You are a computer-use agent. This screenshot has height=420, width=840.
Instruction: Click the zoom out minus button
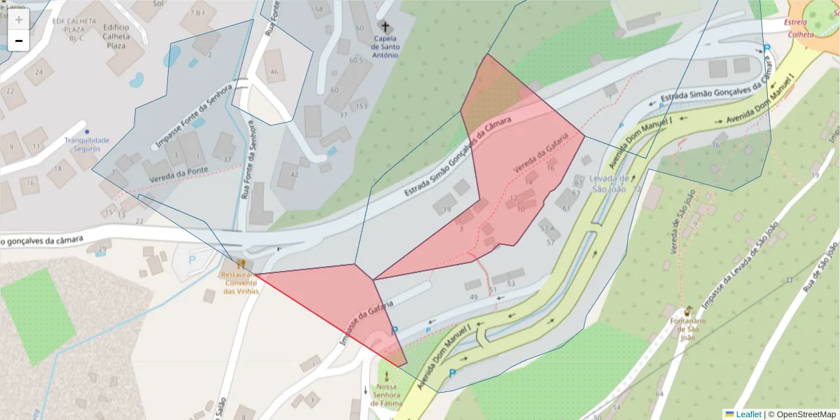tap(19, 41)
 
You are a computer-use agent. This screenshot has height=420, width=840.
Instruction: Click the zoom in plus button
tap(19, 19)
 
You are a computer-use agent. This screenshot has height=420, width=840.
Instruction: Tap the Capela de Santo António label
tap(385, 46)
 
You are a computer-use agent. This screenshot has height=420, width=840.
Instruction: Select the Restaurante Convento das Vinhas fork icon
tap(241, 264)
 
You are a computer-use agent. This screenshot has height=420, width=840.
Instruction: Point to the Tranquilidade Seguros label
tap(87, 144)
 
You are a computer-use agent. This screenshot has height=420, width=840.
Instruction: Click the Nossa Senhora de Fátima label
tap(386, 395)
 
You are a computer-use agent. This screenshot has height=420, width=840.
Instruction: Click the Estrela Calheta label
tap(801, 28)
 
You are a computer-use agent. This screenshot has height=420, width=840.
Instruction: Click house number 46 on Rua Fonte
tap(274, 71)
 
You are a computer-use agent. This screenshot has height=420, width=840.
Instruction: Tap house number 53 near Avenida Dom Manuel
tap(511, 283)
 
